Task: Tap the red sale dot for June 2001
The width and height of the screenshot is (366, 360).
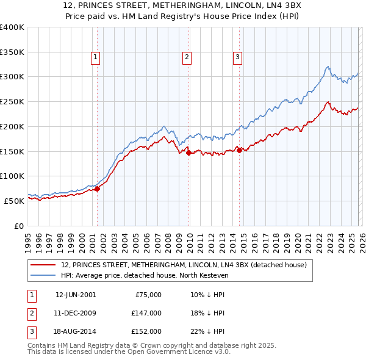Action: point(97,189)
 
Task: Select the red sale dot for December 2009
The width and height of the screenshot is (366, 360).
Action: point(189,153)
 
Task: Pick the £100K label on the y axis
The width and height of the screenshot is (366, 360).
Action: point(12,176)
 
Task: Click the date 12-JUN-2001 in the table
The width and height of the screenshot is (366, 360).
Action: point(76,294)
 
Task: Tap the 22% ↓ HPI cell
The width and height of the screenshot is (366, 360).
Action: point(207,332)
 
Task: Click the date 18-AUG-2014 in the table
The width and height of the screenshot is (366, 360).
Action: point(76,332)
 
